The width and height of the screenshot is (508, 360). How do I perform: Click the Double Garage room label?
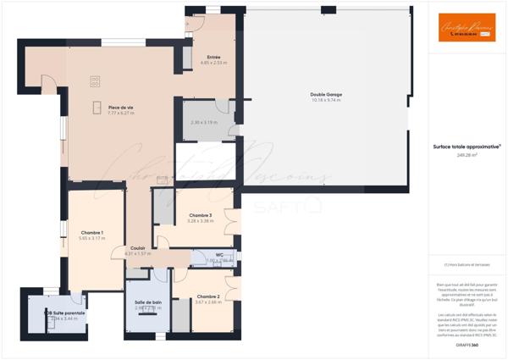(x=320, y=94)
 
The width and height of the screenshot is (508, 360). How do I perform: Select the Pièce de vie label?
(x=121, y=107)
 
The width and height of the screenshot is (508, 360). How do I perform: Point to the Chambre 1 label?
(x=91, y=233)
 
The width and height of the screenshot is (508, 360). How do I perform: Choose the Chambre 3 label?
(x=200, y=215)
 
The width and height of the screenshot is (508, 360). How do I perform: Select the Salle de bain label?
(x=148, y=302)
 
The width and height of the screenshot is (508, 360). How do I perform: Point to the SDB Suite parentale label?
(x=64, y=313)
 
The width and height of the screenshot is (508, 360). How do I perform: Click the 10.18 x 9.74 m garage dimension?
(x=320, y=100)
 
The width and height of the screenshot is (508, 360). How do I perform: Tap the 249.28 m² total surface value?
(x=467, y=155)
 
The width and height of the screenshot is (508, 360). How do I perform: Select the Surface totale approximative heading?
(x=467, y=147)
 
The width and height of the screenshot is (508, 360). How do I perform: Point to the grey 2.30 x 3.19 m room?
(x=203, y=124)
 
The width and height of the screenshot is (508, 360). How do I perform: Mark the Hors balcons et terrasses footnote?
(x=467, y=265)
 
